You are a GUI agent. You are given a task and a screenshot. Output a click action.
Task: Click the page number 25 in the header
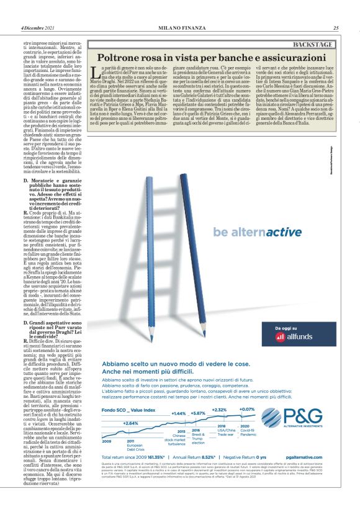click(x=336, y=27)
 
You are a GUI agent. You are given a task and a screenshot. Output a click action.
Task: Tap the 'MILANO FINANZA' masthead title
click(x=179, y=27)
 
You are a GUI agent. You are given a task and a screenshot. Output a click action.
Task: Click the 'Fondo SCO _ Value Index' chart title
click(x=127, y=393)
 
